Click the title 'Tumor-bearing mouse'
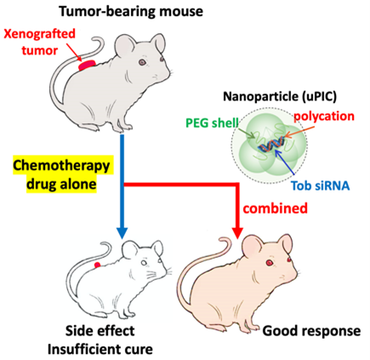pos(131,11)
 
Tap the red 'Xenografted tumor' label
pos(40,42)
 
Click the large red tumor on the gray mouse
pos(88,65)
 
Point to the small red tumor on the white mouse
pos(97,265)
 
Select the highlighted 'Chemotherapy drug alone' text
pos(61,174)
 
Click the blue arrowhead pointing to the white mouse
pos(122,231)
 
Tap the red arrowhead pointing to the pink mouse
pos(237,231)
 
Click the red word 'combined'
pos(276,209)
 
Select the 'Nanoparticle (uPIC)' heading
pos(280,96)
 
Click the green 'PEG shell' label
pos(212,123)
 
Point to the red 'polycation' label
pos(323,116)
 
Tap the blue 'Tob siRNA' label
pos(321,186)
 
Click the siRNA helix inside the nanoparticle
pos(270,144)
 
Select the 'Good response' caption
pos(311,331)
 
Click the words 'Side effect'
pos(100,331)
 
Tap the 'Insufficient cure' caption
pos(100,349)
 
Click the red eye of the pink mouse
pos(269,263)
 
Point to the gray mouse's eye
pos(141,62)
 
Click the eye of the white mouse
pos(145,263)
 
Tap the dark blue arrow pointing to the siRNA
pos(285,162)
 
